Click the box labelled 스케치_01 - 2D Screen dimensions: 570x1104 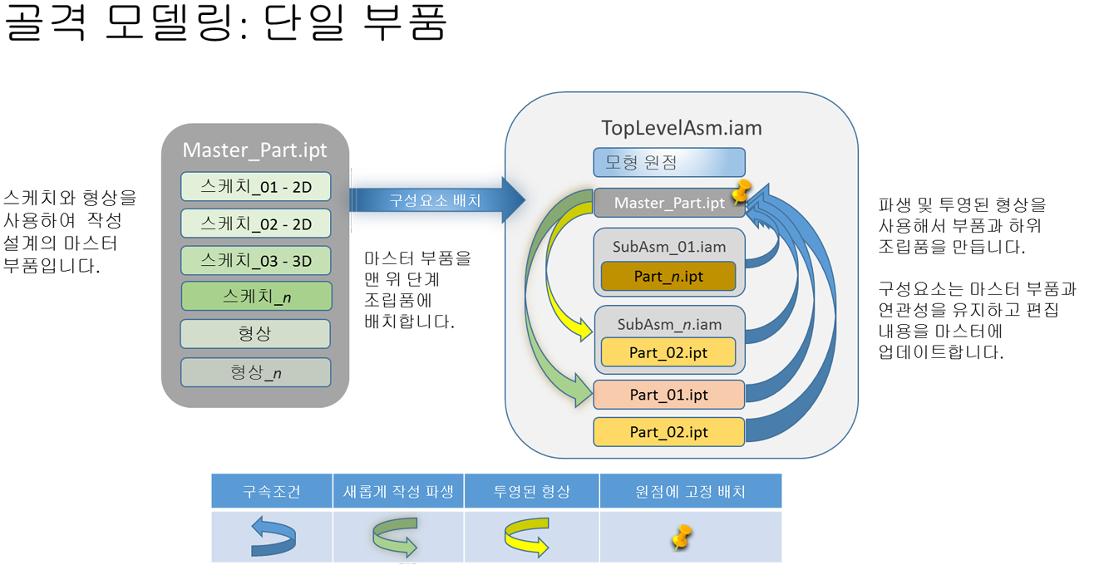(255, 187)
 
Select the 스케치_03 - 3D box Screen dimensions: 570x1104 (255, 261)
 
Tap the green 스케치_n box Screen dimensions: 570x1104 (256, 297)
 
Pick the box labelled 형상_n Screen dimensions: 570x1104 (255, 372)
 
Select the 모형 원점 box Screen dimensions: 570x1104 (668, 162)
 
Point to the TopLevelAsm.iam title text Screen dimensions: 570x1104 (681, 128)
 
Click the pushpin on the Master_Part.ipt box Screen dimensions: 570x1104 (739, 193)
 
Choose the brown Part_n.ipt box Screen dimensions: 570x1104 (668, 277)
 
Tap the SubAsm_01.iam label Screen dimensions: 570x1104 (668, 247)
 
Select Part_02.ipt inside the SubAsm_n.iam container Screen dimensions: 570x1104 (668, 352)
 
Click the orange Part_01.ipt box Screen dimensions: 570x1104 (668, 395)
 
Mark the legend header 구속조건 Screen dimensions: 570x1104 (271, 491)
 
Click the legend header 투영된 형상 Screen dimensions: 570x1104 (531, 491)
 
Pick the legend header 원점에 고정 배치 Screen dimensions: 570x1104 (690, 491)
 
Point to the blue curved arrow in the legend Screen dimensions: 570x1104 (274, 536)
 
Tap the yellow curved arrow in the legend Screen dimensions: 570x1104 (527, 537)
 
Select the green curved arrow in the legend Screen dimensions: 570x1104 (396, 536)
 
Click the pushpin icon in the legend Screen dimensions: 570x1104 (682, 537)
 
